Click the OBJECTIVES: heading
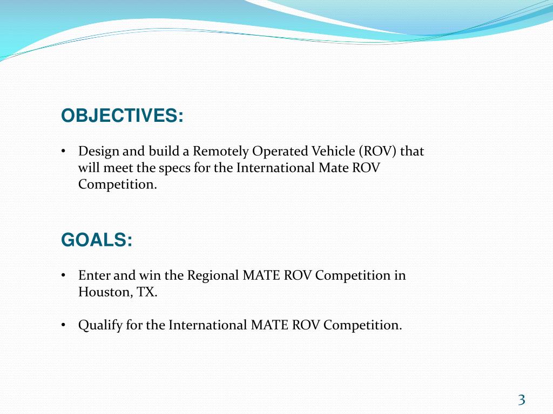(x=122, y=116)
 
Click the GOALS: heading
(x=97, y=240)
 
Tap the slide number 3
(x=521, y=399)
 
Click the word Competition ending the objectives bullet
(x=117, y=184)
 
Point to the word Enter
(x=94, y=275)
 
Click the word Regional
(x=212, y=275)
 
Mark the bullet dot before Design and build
(x=63, y=151)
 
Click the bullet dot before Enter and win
(x=63, y=275)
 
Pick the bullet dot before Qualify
(x=63, y=325)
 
